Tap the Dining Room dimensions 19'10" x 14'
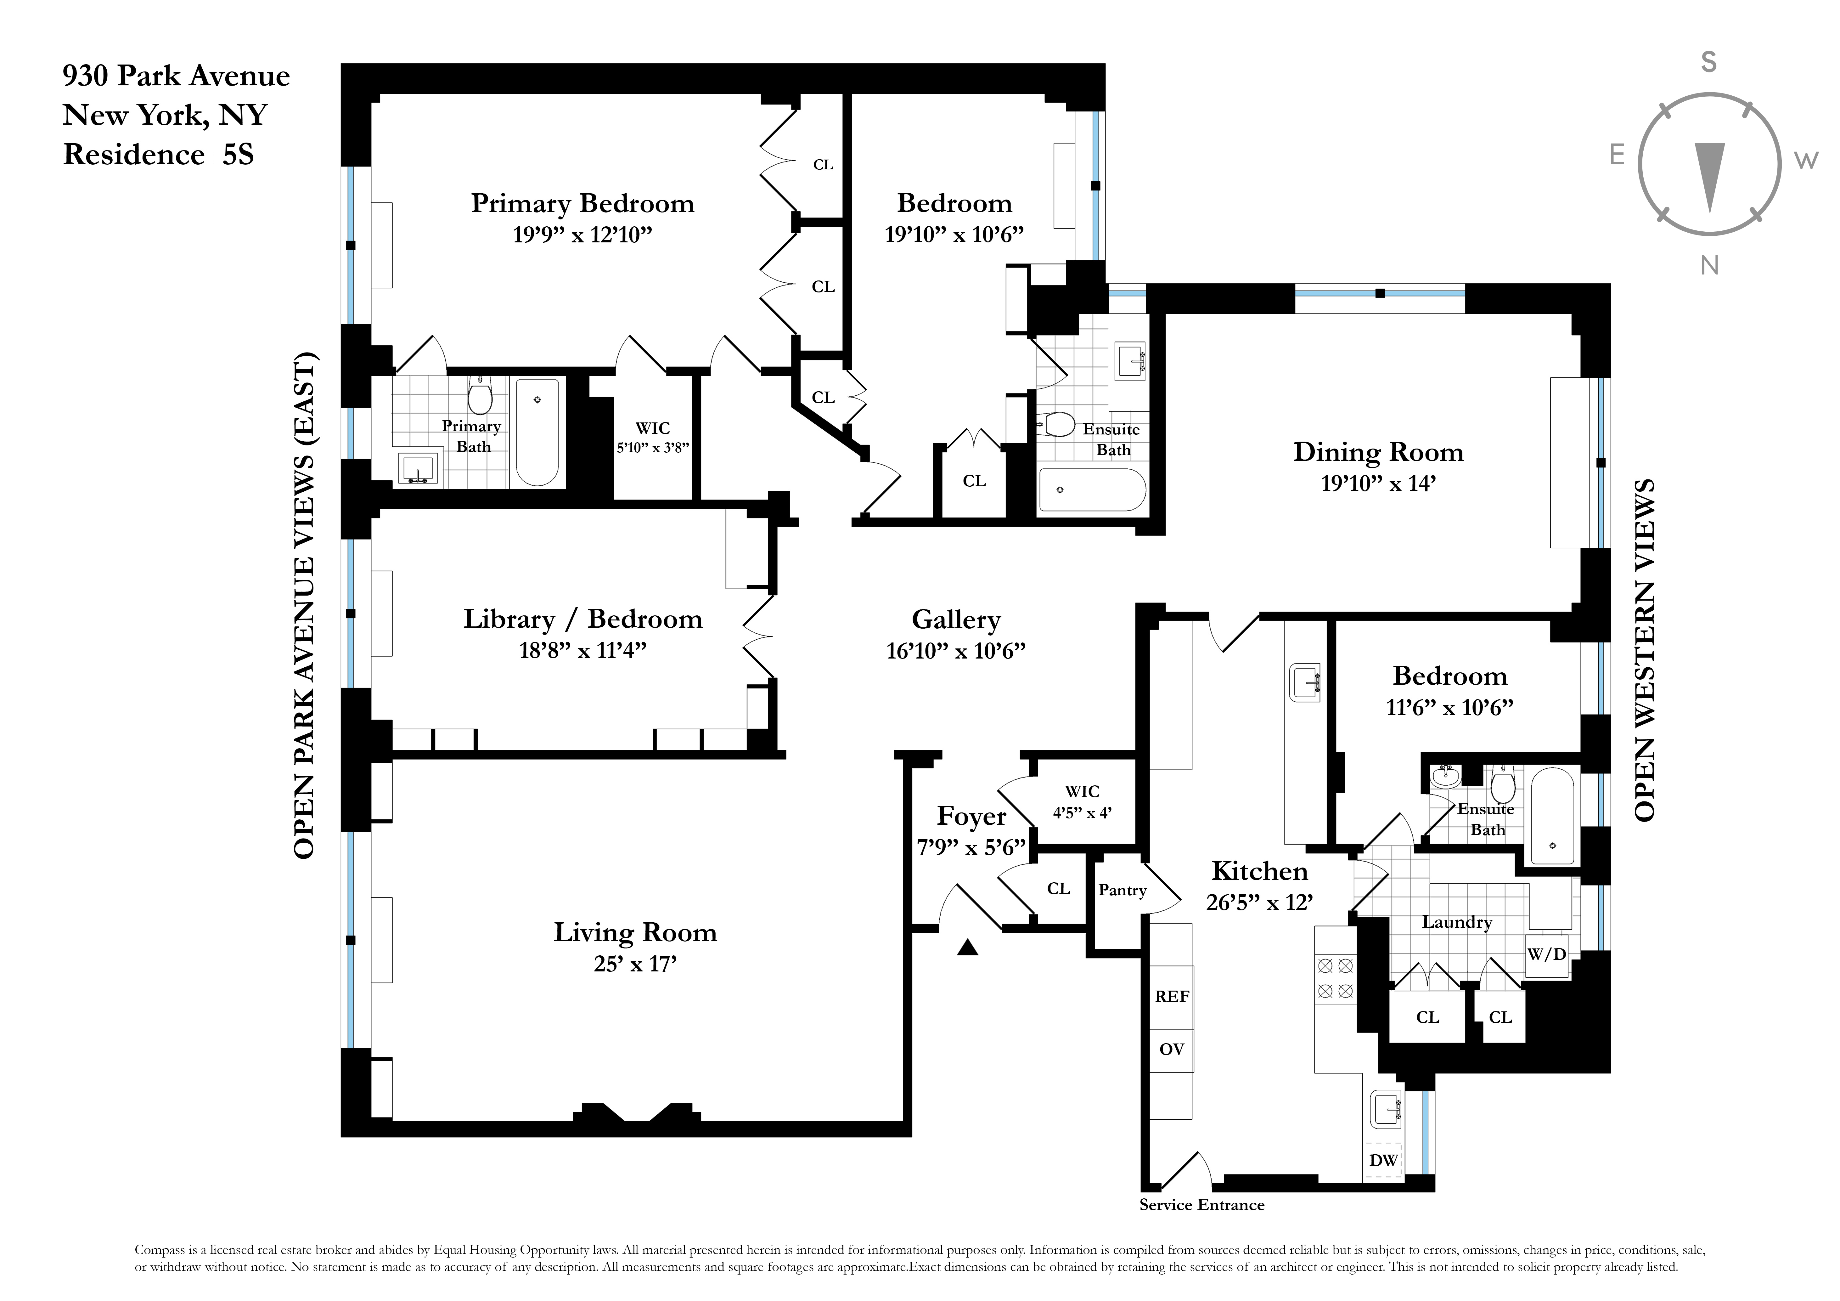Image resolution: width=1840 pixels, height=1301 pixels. [x=1378, y=484]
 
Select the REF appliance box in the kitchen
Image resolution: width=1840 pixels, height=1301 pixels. [x=1172, y=996]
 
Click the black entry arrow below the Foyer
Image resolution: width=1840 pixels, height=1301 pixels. [x=968, y=948]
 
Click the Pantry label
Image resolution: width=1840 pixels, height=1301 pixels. [x=1122, y=890]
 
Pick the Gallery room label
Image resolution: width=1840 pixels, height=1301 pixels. [x=956, y=619]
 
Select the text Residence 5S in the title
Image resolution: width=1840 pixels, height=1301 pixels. [x=159, y=154]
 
